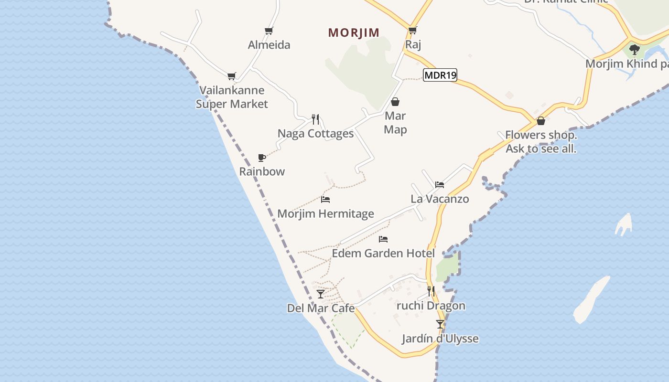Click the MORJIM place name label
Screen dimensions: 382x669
[354, 32]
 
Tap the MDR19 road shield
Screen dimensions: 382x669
[440, 75]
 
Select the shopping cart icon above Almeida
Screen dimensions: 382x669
[269, 31]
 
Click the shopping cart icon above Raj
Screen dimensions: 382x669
[412, 31]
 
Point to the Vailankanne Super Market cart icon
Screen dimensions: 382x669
[232, 76]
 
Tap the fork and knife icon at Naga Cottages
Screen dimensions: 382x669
[315, 119]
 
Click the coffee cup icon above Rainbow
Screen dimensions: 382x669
[261, 158]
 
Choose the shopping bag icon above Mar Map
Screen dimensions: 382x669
[395, 102]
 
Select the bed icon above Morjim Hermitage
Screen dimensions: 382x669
[325, 200]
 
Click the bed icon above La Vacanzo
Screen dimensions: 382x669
[440, 185]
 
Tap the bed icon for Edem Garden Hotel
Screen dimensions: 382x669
[383, 239]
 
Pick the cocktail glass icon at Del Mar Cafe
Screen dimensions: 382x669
[321, 294]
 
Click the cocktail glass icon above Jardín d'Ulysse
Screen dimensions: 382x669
[440, 324]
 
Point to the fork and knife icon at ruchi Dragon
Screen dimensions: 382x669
[431, 291]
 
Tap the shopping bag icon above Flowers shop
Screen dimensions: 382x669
[541, 121]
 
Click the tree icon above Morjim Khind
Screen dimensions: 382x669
[635, 49]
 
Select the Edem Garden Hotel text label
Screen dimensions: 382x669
[383, 253]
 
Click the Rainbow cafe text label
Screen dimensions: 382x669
[262, 171]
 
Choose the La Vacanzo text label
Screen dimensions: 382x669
[440, 199]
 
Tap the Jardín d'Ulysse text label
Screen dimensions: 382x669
[440, 339]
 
